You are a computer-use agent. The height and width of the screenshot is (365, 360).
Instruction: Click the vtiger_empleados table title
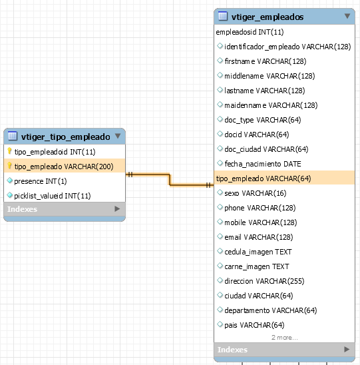tap(268, 17)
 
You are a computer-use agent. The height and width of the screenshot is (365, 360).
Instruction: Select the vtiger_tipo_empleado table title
tap(66, 137)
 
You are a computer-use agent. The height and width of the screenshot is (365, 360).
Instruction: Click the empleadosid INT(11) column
tap(250, 32)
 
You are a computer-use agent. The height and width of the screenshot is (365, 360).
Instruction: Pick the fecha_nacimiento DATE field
tap(263, 164)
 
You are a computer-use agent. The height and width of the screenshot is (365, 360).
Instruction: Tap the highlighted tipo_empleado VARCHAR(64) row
tap(264, 179)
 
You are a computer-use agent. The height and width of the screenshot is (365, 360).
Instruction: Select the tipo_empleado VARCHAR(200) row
tap(64, 167)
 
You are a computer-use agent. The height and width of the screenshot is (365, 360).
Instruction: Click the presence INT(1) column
tap(41, 181)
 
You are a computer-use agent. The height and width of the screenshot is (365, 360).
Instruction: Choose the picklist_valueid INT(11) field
tap(53, 196)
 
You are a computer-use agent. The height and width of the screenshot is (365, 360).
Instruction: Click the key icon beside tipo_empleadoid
tap(9, 151)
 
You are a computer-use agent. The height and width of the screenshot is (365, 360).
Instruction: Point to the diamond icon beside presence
tap(9, 181)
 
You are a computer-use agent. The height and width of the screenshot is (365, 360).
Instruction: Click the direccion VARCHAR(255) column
tap(264, 281)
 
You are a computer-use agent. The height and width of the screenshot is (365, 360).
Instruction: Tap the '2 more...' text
tap(284, 338)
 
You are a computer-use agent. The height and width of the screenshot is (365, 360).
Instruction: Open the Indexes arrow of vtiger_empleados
tap(347, 350)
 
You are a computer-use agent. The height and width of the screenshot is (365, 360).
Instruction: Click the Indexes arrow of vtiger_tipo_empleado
tap(117, 208)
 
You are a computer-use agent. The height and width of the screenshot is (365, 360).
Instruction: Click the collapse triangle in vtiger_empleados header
tap(347, 16)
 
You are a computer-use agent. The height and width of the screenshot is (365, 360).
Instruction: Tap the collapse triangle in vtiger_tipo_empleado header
tap(118, 136)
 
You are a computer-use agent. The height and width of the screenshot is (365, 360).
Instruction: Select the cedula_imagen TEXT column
tap(258, 252)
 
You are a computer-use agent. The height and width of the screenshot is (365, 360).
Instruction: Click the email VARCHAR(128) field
tap(259, 237)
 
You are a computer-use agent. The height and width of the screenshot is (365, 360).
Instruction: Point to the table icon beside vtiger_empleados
tap(223, 16)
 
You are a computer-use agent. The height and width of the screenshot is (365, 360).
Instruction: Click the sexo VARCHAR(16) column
tap(256, 193)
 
